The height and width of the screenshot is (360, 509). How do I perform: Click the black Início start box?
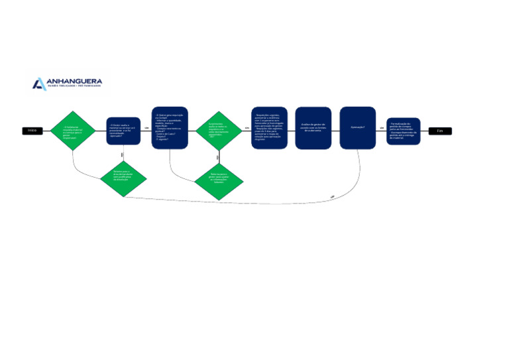[32, 131]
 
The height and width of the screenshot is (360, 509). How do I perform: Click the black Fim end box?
[439, 131]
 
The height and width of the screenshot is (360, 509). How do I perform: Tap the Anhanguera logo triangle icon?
[39, 84]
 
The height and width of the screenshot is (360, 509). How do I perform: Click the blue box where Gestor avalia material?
[123, 131]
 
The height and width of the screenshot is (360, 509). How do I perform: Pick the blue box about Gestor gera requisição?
[170, 128]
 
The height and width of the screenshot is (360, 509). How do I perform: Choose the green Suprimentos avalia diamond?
[218, 131]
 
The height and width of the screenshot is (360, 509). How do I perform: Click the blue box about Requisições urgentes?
[269, 128]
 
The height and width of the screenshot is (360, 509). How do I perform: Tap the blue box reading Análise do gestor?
[313, 128]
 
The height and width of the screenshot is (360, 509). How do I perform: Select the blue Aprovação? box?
[358, 128]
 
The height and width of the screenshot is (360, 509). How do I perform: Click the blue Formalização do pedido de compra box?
[404, 131]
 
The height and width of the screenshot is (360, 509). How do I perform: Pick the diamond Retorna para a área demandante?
[123, 177]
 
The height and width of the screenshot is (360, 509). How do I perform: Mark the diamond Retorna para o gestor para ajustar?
[219, 180]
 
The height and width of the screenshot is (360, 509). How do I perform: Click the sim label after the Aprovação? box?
[382, 128]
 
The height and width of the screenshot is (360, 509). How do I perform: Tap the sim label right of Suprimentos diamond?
[247, 128]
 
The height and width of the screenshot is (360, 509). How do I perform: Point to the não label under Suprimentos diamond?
[218, 157]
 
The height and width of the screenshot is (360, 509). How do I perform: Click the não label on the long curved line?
[332, 197]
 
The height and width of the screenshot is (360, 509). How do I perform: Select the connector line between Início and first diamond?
[47, 131]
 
